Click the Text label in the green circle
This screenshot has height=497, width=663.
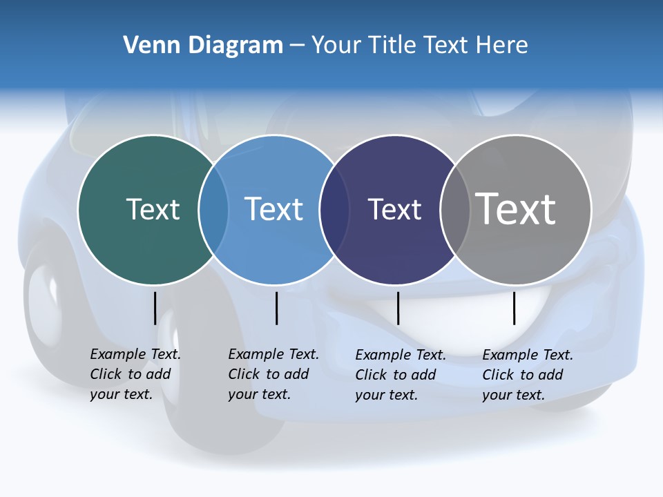pyautogui.click(x=153, y=209)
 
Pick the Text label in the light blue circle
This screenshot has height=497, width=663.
pyautogui.click(x=274, y=209)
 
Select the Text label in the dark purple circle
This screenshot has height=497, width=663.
pyautogui.click(x=394, y=209)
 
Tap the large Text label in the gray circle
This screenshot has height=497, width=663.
pyautogui.click(x=516, y=208)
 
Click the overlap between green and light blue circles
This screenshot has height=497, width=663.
pyautogui.click(x=213, y=210)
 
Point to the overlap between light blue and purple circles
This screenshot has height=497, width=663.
pyautogui.click(x=334, y=210)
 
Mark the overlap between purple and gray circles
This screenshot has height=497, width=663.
pyautogui.click(x=455, y=210)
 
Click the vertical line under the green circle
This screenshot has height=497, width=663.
pyautogui.click(x=155, y=308)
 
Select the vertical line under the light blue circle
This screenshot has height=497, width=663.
pyautogui.click(x=276, y=308)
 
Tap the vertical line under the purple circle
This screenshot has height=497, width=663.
pyautogui.click(x=398, y=308)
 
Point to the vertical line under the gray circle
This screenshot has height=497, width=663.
pyautogui.click(x=514, y=308)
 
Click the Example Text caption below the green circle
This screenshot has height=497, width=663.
pyautogui.click(x=135, y=374)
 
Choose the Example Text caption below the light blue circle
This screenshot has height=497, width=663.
pyautogui.click(x=273, y=374)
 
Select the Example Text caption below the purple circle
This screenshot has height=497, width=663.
pyautogui.click(x=400, y=375)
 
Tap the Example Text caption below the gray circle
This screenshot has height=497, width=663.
pyautogui.click(x=527, y=375)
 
